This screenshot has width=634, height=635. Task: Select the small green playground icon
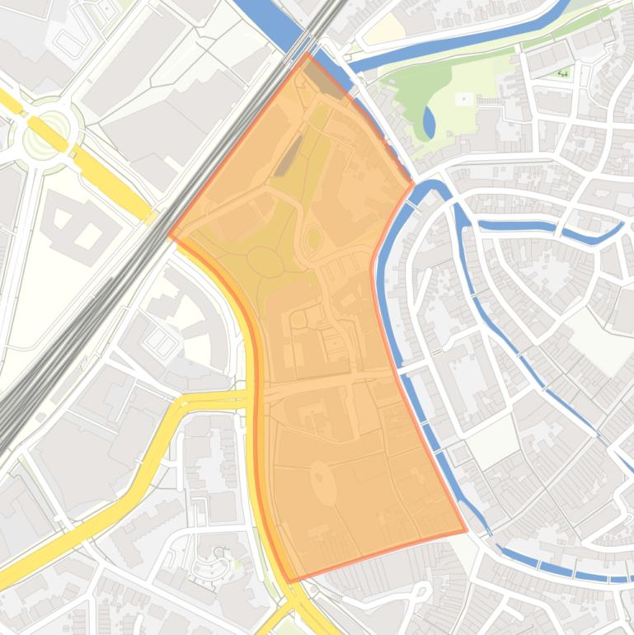click(x=564, y=73)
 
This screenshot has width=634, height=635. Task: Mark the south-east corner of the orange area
click(x=466, y=531)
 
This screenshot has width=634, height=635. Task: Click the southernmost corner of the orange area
click(x=289, y=581)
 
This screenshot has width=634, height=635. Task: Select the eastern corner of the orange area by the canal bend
click(x=412, y=185)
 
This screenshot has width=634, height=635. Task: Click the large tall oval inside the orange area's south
click(x=323, y=482)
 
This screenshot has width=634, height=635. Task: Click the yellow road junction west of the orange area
click(x=247, y=397)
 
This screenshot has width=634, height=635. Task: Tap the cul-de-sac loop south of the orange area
click(x=422, y=591)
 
